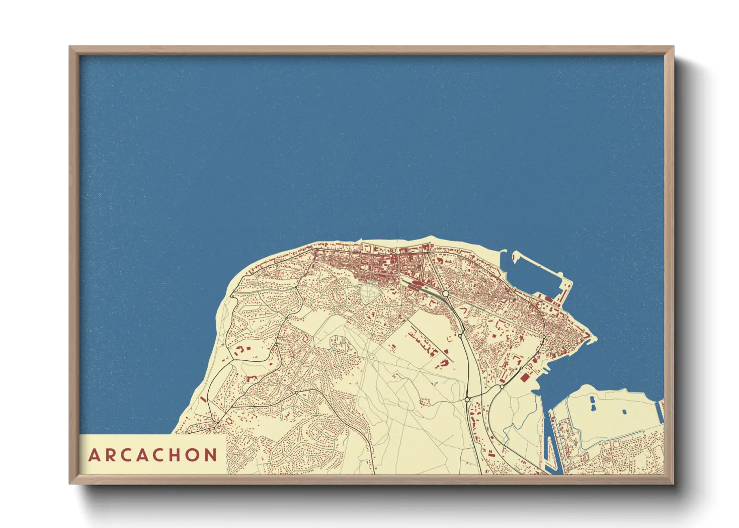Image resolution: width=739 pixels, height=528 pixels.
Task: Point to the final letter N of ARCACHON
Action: click(211, 455)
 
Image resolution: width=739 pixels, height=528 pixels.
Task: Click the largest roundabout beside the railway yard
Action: click(445, 294)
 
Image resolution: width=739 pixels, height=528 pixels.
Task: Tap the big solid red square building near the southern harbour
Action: click(524, 378)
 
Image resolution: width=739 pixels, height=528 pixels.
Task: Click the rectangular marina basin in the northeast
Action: click(537, 274)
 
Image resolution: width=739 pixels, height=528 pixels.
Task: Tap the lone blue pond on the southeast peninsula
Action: click(624, 412)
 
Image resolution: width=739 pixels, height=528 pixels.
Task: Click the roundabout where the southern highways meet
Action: click(467, 399)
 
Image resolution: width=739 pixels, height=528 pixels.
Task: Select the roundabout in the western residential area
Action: click(296, 393)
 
